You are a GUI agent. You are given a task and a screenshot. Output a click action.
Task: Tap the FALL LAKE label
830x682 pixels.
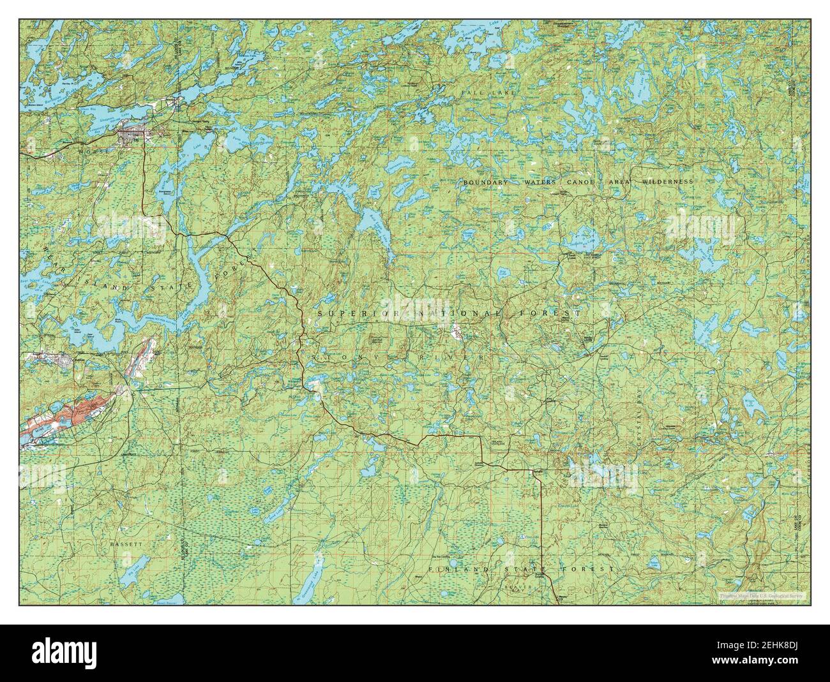click(x=478, y=93)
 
